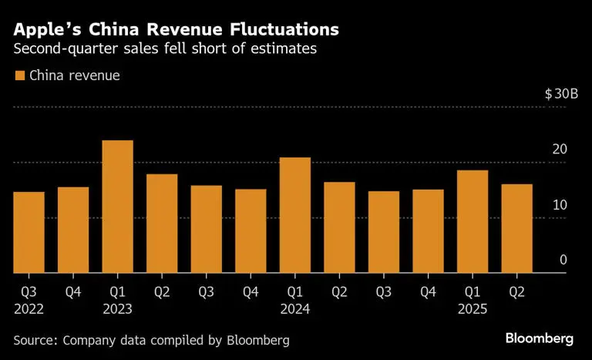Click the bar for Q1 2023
point(117,207)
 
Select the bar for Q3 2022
point(29,232)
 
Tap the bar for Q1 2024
point(295,215)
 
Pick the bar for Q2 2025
point(516,228)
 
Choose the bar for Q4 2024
point(428,231)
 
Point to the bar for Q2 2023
point(162,224)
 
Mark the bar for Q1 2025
point(473,221)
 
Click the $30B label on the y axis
point(561,93)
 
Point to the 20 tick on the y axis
point(560,149)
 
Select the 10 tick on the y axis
point(560,204)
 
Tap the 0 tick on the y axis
point(563,260)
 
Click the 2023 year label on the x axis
point(117,308)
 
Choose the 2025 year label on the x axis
point(473,308)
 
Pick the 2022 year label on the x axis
point(29,308)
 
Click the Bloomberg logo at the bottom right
point(540,338)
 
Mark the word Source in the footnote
point(35,339)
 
